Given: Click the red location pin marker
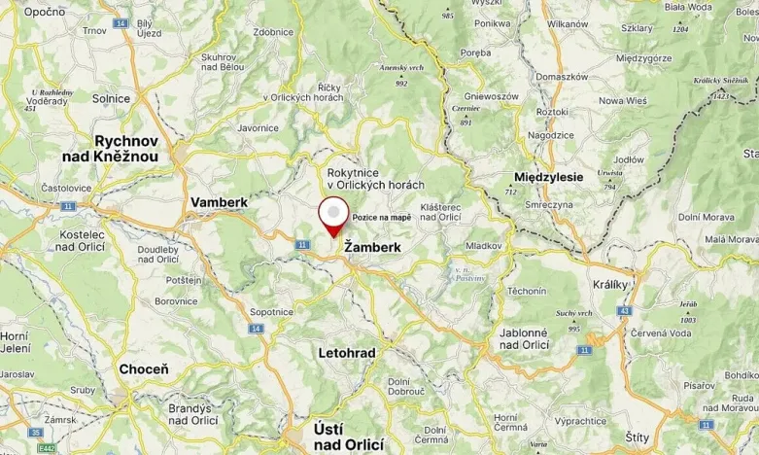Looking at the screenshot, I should (334, 215).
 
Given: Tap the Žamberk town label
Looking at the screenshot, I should (372, 249).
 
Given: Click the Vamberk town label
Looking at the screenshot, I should (220, 201).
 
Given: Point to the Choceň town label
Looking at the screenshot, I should (143, 369).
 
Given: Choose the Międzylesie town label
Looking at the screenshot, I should (547, 177).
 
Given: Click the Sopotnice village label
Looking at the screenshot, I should (271, 312).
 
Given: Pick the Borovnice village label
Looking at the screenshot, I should (177, 301).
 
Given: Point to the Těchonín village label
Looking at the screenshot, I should (526, 291).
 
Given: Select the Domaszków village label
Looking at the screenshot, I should (562, 76).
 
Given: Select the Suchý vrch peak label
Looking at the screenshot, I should (574, 313).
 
